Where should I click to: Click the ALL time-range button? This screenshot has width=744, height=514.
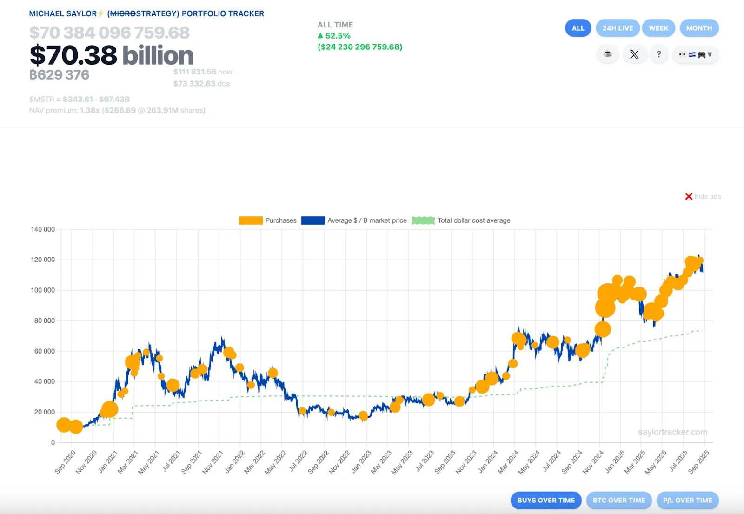point(578,28)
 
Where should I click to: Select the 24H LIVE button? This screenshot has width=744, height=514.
point(618,28)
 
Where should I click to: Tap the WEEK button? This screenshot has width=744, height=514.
point(658,28)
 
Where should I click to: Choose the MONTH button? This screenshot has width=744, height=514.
point(699,28)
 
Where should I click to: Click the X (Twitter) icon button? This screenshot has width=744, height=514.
point(634,54)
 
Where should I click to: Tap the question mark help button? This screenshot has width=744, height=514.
point(658,54)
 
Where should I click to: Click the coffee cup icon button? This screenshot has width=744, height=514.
point(608,54)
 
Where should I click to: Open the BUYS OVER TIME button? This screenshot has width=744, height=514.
point(546,500)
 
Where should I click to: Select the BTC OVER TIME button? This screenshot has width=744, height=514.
point(618,500)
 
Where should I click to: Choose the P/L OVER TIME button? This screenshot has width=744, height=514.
point(687,500)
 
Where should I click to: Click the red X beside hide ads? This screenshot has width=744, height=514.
point(689,196)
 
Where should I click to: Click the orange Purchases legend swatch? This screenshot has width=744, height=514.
point(251,220)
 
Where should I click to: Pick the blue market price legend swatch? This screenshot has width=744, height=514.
point(313,220)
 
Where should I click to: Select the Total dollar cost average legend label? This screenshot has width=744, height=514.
point(473,220)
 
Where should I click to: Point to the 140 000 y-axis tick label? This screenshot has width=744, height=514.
point(43,229)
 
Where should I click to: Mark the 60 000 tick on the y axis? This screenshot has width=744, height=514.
point(45,351)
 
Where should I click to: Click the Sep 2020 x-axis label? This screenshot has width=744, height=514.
point(65,462)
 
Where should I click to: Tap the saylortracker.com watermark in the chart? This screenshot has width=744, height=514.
point(672,432)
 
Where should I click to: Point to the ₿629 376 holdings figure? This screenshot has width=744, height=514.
point(59,75)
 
